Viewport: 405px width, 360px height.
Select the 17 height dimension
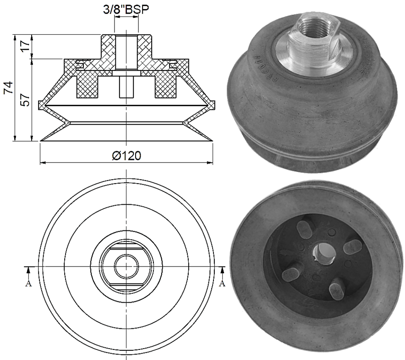click(x=26, y=46)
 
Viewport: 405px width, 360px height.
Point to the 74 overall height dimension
click(x=8, y=87)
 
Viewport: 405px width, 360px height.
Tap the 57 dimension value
click(x=26, y=99)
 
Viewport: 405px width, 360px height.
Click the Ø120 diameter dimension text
click(x=126, y=156)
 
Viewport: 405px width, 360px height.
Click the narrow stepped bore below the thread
click(x=126, y=87)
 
